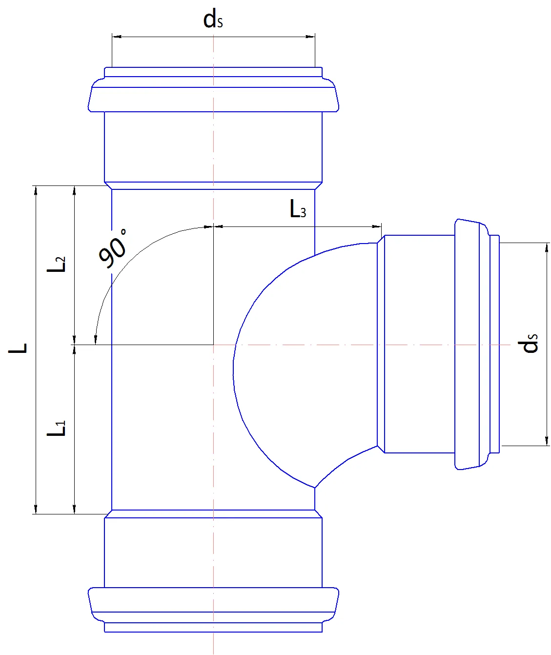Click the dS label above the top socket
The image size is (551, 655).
(213, 20)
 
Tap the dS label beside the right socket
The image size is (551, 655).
(529, 343)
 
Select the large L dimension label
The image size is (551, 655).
(18, 348)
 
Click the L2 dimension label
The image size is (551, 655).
(56, 264)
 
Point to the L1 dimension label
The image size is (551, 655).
(56, 429)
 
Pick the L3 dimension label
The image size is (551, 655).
(298, 209)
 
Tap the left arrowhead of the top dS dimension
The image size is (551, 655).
(117, 37)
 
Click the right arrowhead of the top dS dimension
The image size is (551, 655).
(310, 37)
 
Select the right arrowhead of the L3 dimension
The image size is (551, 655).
(377, 226)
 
